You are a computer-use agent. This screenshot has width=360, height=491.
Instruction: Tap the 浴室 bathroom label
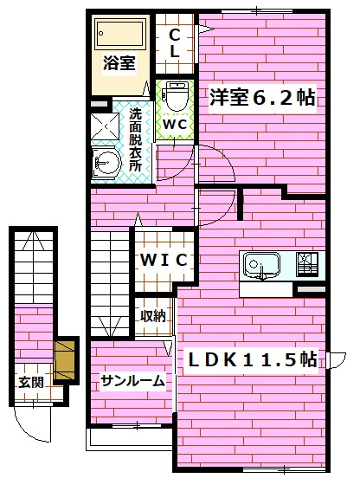click(119, 62)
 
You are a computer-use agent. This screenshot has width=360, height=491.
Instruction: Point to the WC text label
click(175, 123)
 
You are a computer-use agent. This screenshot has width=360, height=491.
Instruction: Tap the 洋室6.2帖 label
click(260, 98)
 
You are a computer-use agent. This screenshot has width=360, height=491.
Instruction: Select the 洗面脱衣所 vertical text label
click(136, 139)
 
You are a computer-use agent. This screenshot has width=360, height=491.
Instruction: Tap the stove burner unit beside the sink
click(307, 263)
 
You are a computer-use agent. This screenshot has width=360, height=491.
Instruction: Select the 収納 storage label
click(153, 317)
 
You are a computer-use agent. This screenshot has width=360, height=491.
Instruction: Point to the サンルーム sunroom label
click(132, 380)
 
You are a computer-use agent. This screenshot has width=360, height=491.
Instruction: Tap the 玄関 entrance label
click(33, 381)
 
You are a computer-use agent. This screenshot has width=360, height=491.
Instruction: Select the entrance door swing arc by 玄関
click(36, 427)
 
